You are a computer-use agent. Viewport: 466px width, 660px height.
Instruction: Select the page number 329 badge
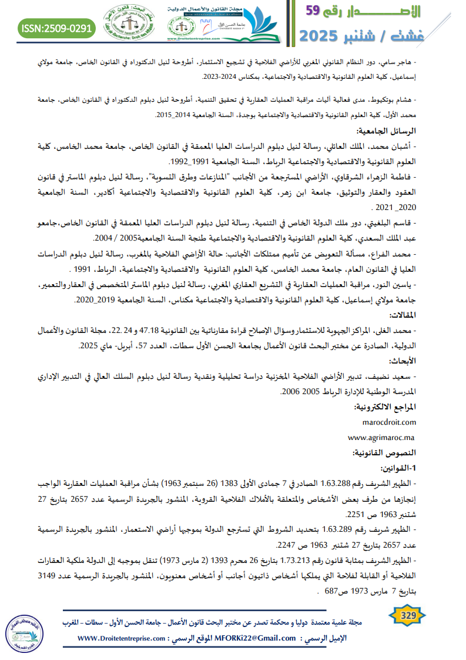point(408,616)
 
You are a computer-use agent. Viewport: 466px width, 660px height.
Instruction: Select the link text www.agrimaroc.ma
point(381,438)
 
